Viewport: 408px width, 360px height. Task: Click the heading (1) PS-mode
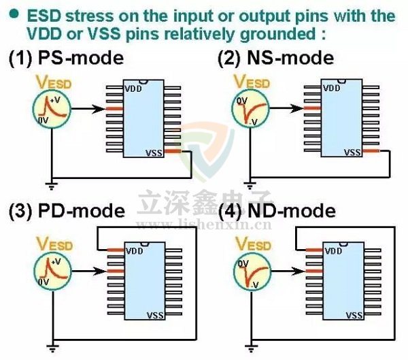(66, 58)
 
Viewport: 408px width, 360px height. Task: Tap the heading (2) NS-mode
(275, 58)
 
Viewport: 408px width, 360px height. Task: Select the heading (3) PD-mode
(67, 211)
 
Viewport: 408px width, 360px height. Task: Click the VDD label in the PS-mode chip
(133, 88)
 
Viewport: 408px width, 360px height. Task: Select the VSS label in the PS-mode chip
(155, 153)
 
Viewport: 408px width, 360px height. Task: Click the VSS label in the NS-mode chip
(353, 153)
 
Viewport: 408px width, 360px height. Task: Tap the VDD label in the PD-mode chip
(135, 250)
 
